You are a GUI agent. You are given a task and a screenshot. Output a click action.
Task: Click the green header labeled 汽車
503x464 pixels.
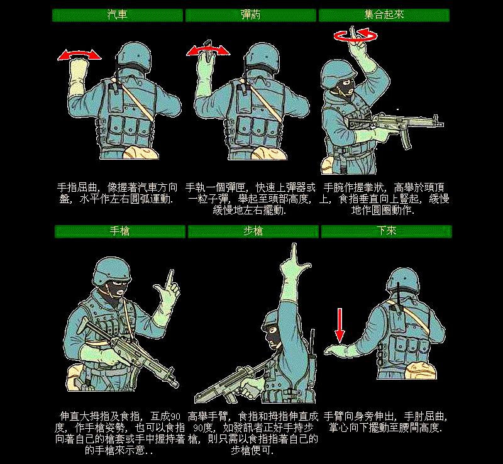(x=117, y=14)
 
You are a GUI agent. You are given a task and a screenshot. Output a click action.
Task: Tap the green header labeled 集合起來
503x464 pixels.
(x=384, y=14)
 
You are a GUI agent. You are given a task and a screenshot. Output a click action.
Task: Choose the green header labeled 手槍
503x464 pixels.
(x=119, y=231)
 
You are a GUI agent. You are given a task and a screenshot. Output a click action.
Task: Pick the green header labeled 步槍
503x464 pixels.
(x=253, y=231)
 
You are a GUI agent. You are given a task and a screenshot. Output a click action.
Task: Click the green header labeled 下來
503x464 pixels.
(x=386, y=231)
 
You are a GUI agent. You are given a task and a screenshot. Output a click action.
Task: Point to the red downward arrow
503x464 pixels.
(x=339, y=324)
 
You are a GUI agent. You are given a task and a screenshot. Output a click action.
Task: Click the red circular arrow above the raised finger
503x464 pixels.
(x=356, y=36)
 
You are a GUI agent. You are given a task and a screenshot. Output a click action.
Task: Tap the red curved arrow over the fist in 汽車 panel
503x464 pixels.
(x=79, y=56)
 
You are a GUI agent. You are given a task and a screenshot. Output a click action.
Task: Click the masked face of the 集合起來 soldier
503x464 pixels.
(x=344, y=84)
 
